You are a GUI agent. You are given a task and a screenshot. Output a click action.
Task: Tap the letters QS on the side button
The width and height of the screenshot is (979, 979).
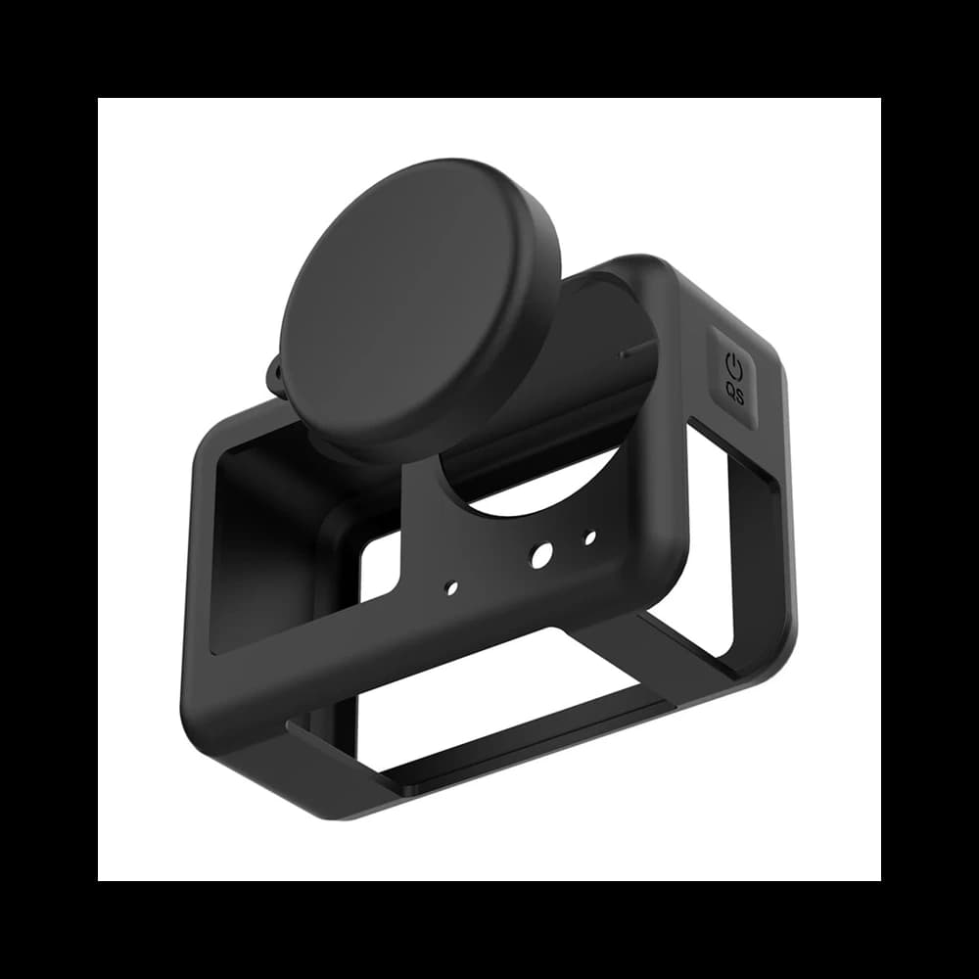coord(735,394)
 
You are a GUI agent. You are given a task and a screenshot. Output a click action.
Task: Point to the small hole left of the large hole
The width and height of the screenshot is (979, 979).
coord(451,587)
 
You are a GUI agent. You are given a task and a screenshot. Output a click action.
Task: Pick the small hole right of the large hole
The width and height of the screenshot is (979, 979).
coord(589,536)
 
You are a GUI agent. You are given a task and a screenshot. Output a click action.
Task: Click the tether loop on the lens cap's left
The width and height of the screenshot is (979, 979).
coord(275,377)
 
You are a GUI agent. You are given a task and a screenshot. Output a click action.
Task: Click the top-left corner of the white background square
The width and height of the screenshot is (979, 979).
coord(99,99)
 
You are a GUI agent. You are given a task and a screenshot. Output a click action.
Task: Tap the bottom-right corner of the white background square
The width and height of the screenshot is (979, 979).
coord(880,880)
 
